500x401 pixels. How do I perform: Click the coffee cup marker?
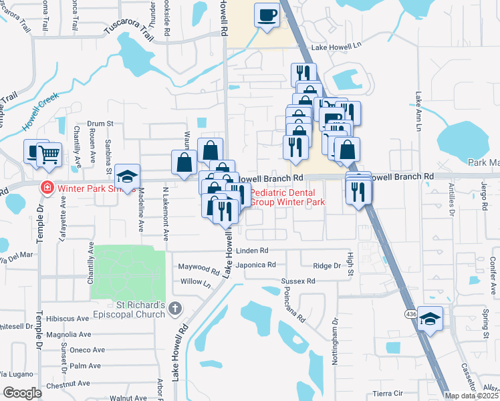coord(267,15)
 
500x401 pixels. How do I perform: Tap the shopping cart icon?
coord(49,154)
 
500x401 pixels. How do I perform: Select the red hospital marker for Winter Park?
coord(47,187)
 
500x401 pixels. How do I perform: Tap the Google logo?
coord(22,393)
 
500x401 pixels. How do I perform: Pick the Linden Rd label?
coord(253,251)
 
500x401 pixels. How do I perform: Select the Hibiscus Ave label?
coord(70,318)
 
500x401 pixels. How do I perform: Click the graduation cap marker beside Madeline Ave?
coord(127,176)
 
